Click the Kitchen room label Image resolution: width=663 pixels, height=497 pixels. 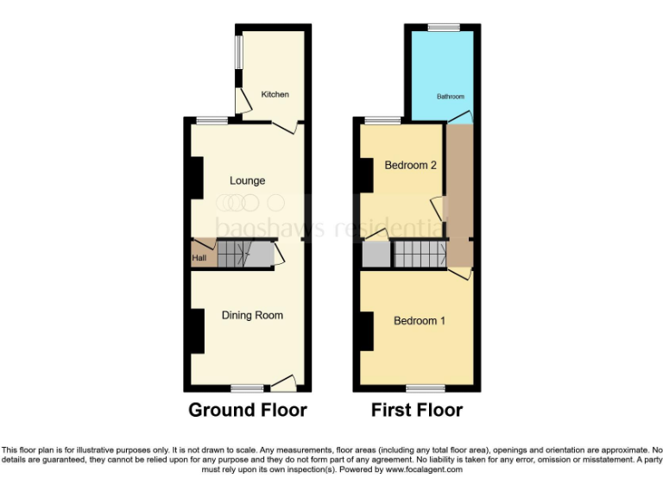[x=275, y=94]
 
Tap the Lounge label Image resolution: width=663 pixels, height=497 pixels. [x=247, y=180]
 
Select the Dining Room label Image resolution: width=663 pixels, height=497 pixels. [x=252, y=315]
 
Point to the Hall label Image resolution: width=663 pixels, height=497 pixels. [x=199, y=256]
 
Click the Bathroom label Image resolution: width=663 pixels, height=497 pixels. [x=450, y=97]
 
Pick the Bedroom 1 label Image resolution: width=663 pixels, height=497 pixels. [x=420, y=320]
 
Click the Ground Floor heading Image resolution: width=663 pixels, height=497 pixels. [x=248, y=410]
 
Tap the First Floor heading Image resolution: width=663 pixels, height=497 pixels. [x=417, y=410]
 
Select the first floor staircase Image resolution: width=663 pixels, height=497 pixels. [x=420, y=254]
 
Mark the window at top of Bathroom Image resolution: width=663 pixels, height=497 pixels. [x=445, y=27]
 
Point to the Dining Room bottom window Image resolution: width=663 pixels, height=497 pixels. [x=247, y=387]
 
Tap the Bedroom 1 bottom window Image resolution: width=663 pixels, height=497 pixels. [x=420, y=387]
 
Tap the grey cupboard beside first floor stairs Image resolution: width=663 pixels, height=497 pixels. [x=376, y=255]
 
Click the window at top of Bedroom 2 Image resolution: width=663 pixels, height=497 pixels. [x=381, y=120]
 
